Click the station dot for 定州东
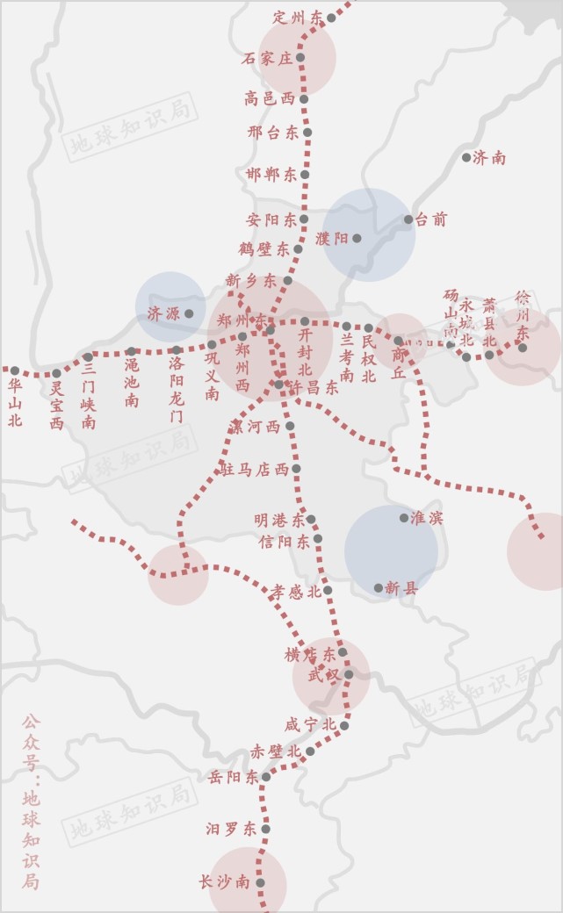pos(331,18)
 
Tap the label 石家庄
pos(267,59)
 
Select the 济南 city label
pos(489,158)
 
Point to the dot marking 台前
pos(408,219)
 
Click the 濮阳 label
pos(332,238)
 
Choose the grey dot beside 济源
pos(189,313)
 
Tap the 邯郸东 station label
pos(272,175)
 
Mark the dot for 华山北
pos(14,371)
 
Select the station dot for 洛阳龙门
pos(176,350)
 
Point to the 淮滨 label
pos(428,518)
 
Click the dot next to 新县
pos(379,588)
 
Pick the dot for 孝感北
pos(328,591)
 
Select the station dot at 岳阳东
pos(266,777)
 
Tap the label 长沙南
pos(225,882)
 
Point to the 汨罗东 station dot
pos(265,829)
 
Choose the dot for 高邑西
pos(304,99)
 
